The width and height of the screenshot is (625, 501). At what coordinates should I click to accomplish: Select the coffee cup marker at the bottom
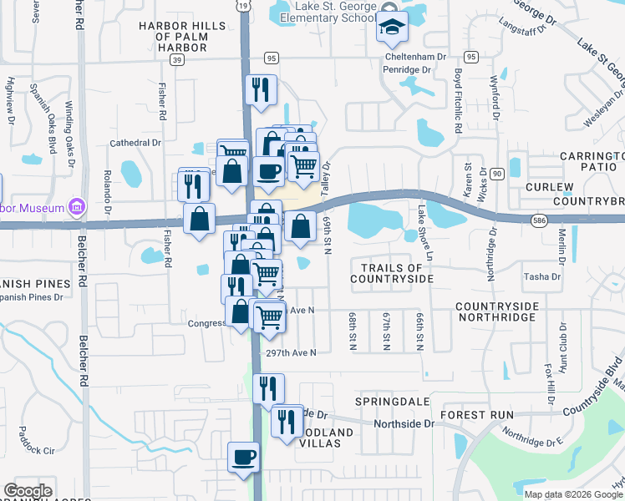click(x=244, y=458)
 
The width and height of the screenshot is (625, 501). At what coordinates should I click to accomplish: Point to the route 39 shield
click(x=176, y=59)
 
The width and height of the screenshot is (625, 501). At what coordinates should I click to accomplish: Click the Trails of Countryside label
click(x=392, y=273)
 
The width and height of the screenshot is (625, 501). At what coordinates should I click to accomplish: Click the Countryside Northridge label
click(x=507, y=312)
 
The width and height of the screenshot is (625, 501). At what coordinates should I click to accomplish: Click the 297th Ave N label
click(x=291, y=353)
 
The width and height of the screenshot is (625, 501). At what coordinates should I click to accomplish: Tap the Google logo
click(x=28, y=491)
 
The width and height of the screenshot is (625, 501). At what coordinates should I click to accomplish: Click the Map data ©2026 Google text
click(x=572, y=493)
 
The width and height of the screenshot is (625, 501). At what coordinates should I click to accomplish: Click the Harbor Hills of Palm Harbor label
click(x=183, y=37)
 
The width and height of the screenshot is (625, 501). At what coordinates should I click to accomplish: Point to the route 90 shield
click(x=497, y=173)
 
